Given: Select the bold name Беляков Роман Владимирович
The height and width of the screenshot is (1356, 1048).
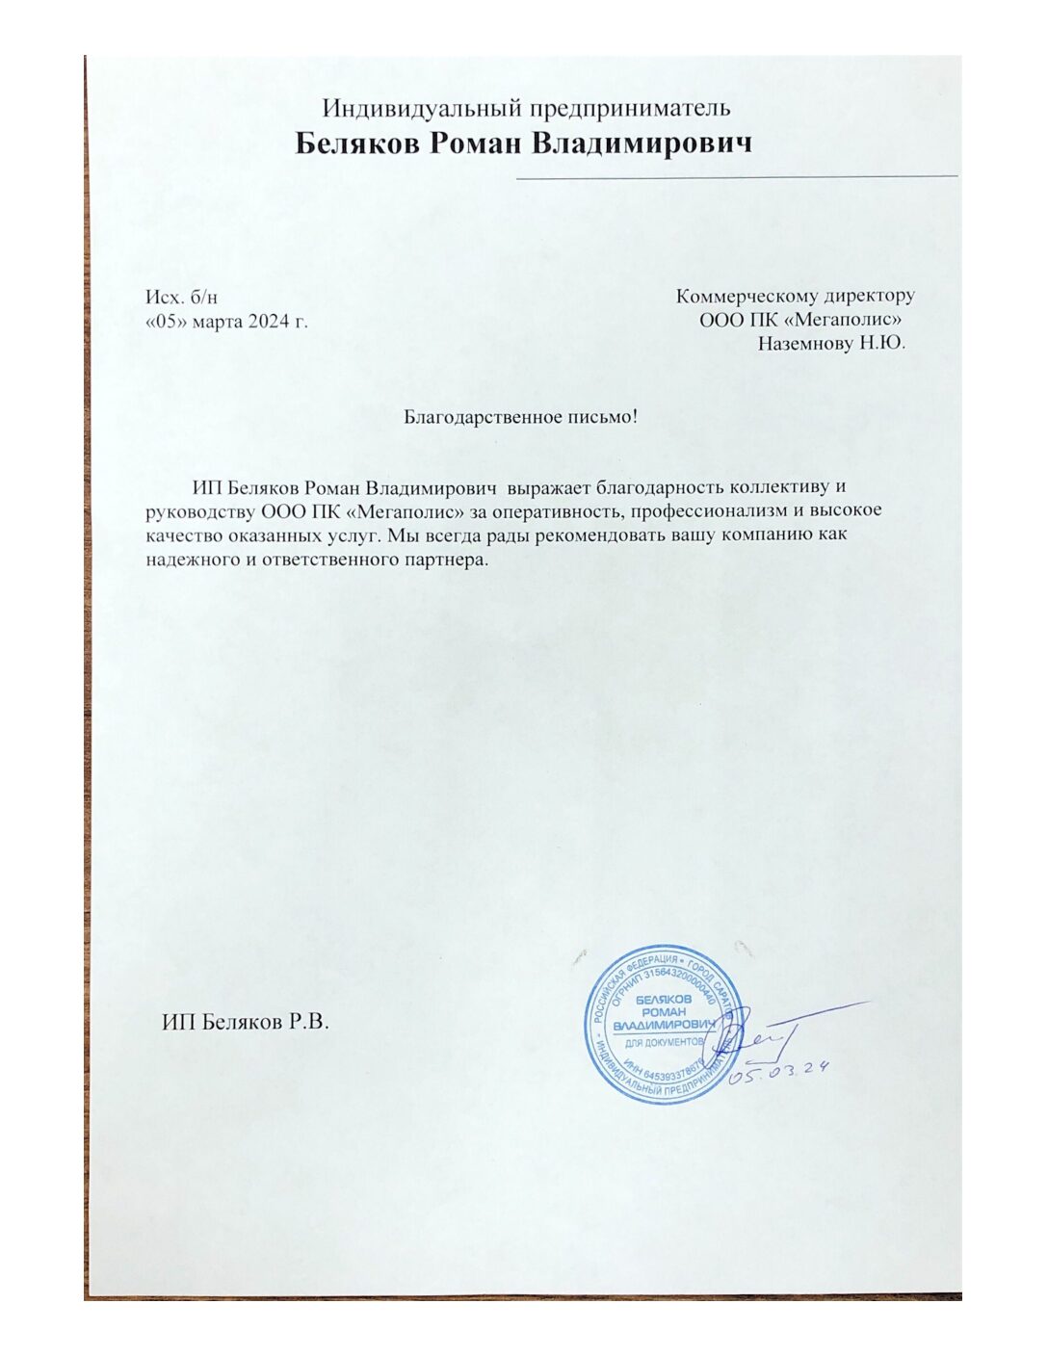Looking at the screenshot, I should (x=523, y=143).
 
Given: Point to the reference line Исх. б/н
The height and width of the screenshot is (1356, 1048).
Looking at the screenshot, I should (x=182, y=297).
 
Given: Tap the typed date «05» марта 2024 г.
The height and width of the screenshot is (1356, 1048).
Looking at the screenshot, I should (x=226, y=321).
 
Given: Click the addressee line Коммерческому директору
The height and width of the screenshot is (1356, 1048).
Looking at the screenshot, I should (x=795, y=296).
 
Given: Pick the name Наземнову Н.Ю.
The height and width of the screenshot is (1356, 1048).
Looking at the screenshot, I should (x=831, y=344).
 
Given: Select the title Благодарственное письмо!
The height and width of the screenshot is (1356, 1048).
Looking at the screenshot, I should (x=520, y=417).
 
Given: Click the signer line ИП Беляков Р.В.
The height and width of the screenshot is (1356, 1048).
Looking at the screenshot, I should (x=246, y=1022).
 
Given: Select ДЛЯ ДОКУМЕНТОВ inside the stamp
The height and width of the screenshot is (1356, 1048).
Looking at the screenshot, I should (x=664, y=1042).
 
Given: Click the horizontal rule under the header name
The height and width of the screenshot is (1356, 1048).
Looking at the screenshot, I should (x=737, y=177).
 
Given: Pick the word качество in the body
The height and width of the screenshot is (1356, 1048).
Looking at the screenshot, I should (x=183, y=535).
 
